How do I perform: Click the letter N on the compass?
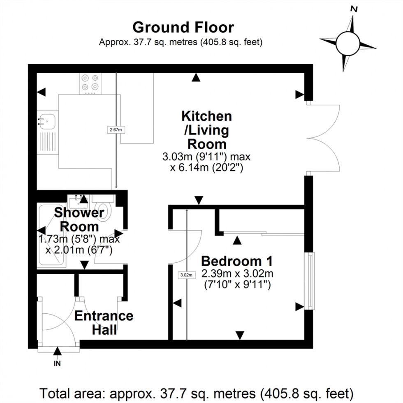point(353,8)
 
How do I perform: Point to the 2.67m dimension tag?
point(116,130)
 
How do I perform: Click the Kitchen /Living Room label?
point(207,130)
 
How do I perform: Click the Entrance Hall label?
point(104,322)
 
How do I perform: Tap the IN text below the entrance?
point(58,364)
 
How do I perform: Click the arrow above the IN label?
point(58,351)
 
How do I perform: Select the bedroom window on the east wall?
point(310,281)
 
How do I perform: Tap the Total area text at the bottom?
point(197,391)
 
